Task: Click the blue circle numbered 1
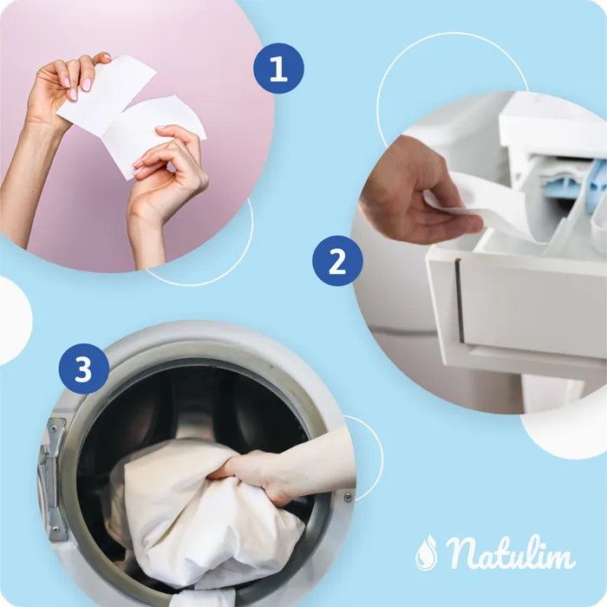click(x=278, y=69)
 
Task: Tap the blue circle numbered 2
click(x=337, y=261)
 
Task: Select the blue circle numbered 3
click(x=83, y=369)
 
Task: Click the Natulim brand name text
click(x=510, y=552)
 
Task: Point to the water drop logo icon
click(x=427, y=552)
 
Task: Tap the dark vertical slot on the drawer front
click(x=460, y=302)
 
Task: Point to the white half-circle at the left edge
click(x=15, y=321)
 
